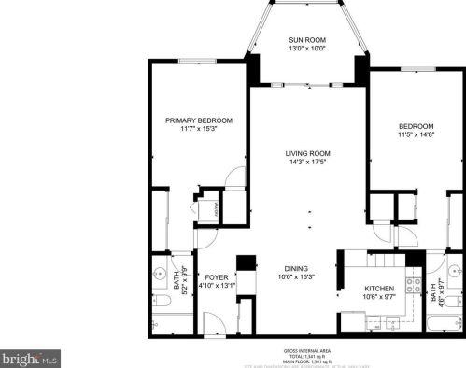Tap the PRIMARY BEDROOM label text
point(199,120)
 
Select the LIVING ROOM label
point(309,152)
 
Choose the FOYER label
point(217,277)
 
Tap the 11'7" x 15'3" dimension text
point(199,130)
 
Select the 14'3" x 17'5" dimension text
point(309,162)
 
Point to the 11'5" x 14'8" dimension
point(417,135)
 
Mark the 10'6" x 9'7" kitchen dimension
point(378,298)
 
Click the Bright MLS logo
point(29,358)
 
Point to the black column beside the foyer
point(247,263)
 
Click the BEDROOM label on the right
point(417,126)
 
